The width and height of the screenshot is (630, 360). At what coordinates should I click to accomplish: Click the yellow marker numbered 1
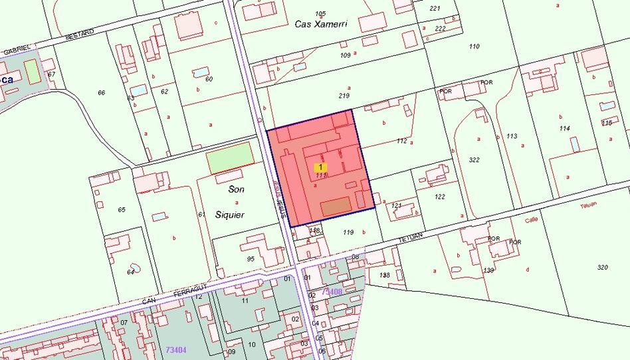[321, 167]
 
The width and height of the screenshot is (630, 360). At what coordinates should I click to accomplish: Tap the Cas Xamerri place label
[321, 24]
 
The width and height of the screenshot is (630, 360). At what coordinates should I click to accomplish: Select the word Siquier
[229, 215]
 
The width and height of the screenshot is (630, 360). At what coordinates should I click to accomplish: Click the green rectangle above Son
[230, 158]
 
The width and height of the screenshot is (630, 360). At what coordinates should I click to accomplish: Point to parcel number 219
[344, 96]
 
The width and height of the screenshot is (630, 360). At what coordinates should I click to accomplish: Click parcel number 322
[474, 160]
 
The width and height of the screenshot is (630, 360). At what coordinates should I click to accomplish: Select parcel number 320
[602, 267]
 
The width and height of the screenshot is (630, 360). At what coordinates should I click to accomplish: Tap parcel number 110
[474, 46]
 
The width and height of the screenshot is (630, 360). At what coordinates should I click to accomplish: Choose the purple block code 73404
[175, 349]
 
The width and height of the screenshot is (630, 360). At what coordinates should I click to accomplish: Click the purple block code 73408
[332, 292]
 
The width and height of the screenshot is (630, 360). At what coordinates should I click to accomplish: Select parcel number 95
[251, 258]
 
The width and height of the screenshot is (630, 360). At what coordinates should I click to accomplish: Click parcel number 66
[102, 92]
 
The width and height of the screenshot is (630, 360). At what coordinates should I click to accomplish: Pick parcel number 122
[439, 197]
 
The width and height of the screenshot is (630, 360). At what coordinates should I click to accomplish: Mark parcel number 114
[565, 128]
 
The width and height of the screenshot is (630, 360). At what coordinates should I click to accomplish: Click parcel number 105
[321, 13]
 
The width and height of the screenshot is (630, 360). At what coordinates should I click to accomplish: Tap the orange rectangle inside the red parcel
[336, 207]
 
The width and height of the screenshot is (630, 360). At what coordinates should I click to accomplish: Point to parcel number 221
[435, 9]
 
